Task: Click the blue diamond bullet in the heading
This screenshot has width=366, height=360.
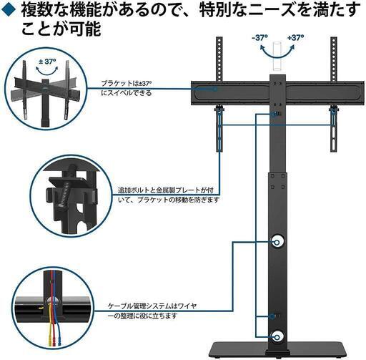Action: click(9, 10)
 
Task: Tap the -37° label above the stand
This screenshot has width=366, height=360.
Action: click(259, 38)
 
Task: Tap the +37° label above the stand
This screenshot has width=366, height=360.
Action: click(295, 38)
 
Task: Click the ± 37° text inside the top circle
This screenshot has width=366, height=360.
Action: click(47, 62)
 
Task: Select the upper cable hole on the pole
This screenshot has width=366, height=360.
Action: click(277, 243)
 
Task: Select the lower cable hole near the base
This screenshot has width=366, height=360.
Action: click(277, 337)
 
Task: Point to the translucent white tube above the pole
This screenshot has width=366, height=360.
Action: click(277, 57)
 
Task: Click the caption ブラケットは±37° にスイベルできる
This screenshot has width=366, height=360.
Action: click(127, 88)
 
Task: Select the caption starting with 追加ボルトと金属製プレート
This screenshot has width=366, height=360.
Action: click(169, 195)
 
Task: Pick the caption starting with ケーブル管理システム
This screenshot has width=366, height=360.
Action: click(152, 311)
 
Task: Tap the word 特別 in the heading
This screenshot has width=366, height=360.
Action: click(216, 10)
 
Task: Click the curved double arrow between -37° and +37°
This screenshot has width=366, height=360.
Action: click(277, 55)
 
